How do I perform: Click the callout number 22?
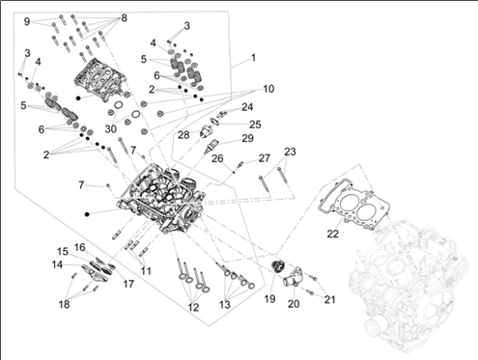click(333, 234)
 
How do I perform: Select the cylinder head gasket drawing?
click(354, 204)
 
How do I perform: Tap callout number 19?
click(269, 299)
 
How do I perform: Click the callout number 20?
click(294, 304)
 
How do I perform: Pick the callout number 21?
click(329, 300)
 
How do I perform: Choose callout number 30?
click(110, 129)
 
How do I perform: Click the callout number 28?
click(183, 135)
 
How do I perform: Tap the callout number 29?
click(248, 138)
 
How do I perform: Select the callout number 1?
click(253, 58)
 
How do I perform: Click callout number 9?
click(27, 21)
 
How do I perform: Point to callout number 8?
click(124, 18)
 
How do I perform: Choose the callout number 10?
click(268, 89)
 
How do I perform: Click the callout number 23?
click(290, 152)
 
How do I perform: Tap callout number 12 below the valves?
click(193, 308)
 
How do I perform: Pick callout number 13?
click(225, 305)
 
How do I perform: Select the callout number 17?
click(128, 284)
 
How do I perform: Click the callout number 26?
click(217, 158)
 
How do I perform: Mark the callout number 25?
click(255, 125)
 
